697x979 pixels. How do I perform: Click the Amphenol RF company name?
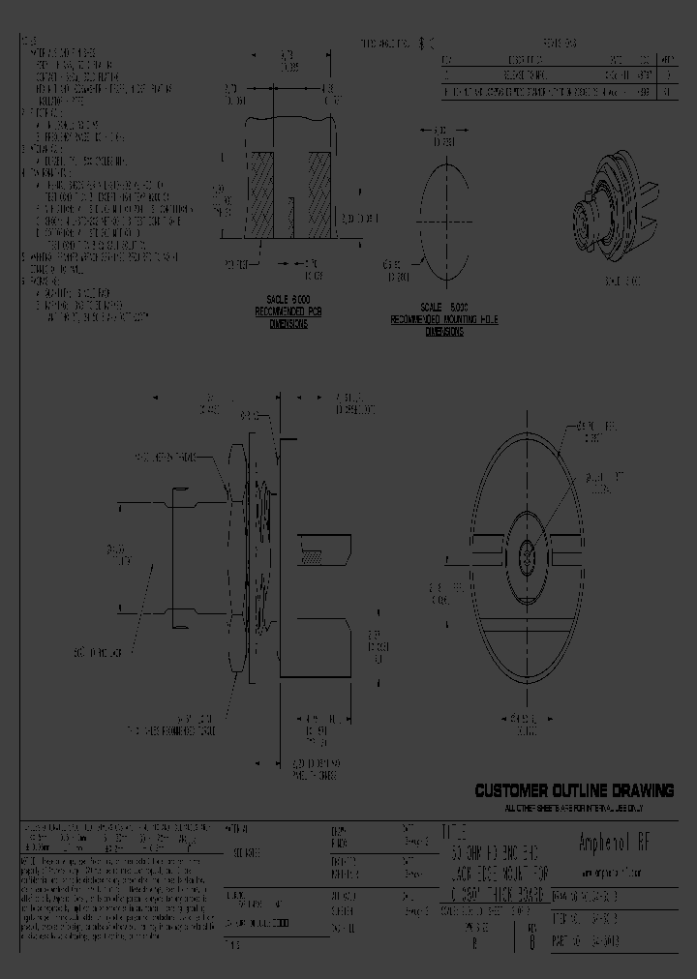tap(619, 843)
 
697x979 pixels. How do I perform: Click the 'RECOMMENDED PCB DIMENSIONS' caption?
tap(282, 318)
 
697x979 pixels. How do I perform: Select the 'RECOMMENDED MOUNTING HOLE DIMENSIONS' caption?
tap(444, 325)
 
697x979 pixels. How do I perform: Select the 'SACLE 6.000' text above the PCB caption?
tap(282, 301)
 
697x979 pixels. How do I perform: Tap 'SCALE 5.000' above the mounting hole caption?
tap(444, 308)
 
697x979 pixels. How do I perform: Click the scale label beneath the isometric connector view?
tap(624, 282)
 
